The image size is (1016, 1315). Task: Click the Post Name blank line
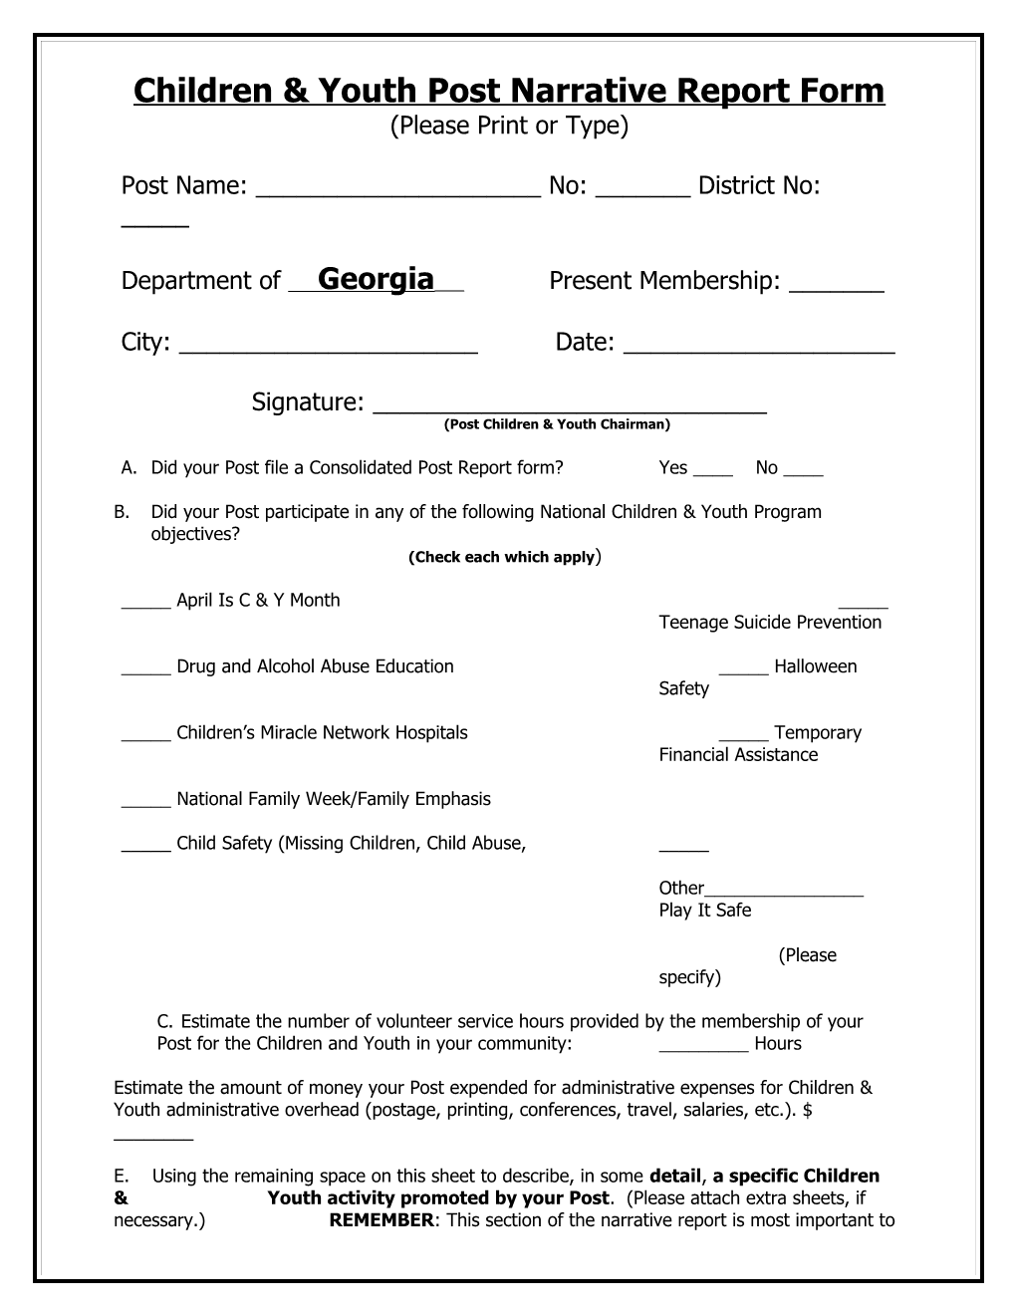point(398,191)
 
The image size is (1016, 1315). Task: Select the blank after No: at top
point(642,191)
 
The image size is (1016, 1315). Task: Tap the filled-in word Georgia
point(376,279)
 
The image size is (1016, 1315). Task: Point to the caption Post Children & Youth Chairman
point(557,424)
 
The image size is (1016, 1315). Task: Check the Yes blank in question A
point(712,473)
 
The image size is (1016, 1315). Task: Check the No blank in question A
point(804,473)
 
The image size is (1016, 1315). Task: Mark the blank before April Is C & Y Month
point(145,605)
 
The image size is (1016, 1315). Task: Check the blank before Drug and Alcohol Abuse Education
point(145,671)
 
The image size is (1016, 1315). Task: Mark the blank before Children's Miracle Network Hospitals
point(145,738)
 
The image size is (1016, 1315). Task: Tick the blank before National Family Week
point(145,804)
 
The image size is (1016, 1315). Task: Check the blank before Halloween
point(743,671)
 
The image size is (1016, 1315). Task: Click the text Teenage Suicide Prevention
point(770,623)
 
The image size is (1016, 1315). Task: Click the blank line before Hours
point(703,1048)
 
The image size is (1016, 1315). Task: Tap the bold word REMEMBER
point(381,1220)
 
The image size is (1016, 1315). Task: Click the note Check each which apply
point(503,557)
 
